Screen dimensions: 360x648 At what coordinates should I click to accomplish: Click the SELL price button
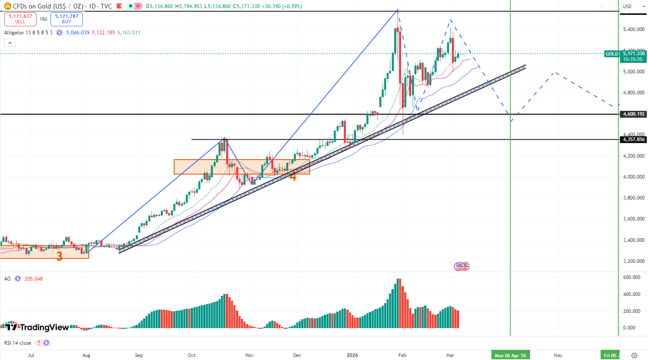click(x=20, y=19)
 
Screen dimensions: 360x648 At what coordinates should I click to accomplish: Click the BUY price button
click(x=67, y=19)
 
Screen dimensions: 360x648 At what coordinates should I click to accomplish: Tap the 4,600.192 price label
click(x=634, y=114)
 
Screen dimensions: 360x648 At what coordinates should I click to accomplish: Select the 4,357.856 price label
click(x=634, y=140)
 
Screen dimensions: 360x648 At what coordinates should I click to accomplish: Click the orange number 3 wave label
click(x=59, y=256)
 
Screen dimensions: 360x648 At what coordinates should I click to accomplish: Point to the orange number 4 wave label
click(x=292, y=176)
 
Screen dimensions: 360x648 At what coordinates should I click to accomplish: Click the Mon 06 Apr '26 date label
click(x=510, y=355)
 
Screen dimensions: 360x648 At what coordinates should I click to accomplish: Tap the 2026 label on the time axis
click(x=352, y=355)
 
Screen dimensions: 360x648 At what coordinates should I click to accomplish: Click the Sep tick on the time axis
click(x=139, y=355)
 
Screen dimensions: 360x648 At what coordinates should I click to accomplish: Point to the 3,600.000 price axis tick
click(x=634, y=219)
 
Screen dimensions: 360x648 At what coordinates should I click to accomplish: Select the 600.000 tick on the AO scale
click(x=631, y=277)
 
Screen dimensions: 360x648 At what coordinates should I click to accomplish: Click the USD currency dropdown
click(x=634, y=6)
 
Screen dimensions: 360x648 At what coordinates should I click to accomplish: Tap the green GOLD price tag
click(x=612, y=54)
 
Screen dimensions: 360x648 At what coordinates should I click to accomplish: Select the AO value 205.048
click(x=34, y=279)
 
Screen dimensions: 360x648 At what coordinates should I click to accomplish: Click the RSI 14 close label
click(x=18, y=343)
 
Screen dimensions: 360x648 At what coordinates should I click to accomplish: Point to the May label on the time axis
click(x=558, y=355)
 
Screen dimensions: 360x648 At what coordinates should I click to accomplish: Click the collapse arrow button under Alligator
click(x=10, y=43)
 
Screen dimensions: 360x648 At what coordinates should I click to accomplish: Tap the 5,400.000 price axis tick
click(x=634, y=29)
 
